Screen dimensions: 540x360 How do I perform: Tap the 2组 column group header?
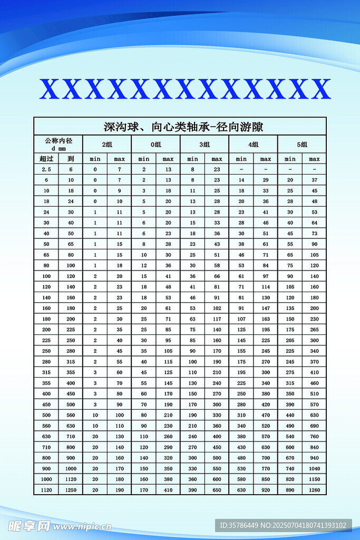click(x=107, y=144)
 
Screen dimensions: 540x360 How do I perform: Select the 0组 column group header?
click(x=155, y=144)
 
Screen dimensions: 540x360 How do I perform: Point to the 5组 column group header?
click(x=301, y=144)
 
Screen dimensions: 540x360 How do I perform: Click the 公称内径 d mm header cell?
click(x=58, y=144)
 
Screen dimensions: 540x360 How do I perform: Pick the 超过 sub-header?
click(x=46, y=159)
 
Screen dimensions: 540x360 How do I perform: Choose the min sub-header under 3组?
click(x=192, y=159)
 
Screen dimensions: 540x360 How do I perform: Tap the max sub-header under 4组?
click(x=266, y=159)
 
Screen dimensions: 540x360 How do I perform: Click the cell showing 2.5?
click(x=46, y=169)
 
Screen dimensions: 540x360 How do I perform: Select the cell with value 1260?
click(x=314, y=490)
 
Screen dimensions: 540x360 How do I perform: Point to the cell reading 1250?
click(x=71, y=490)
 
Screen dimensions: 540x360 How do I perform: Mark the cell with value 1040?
click(x=314, y=468)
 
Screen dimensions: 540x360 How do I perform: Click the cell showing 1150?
click(x=314, y=479)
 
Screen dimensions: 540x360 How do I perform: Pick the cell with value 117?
click(x=217, y=319)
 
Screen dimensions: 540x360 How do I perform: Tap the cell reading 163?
click(x=266, y=319)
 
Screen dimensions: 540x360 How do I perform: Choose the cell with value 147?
click(x=266, y=308)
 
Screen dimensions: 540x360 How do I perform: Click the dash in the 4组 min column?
click(x=241, y=169)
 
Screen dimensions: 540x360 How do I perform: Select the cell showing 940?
click(x=314, y=458)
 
